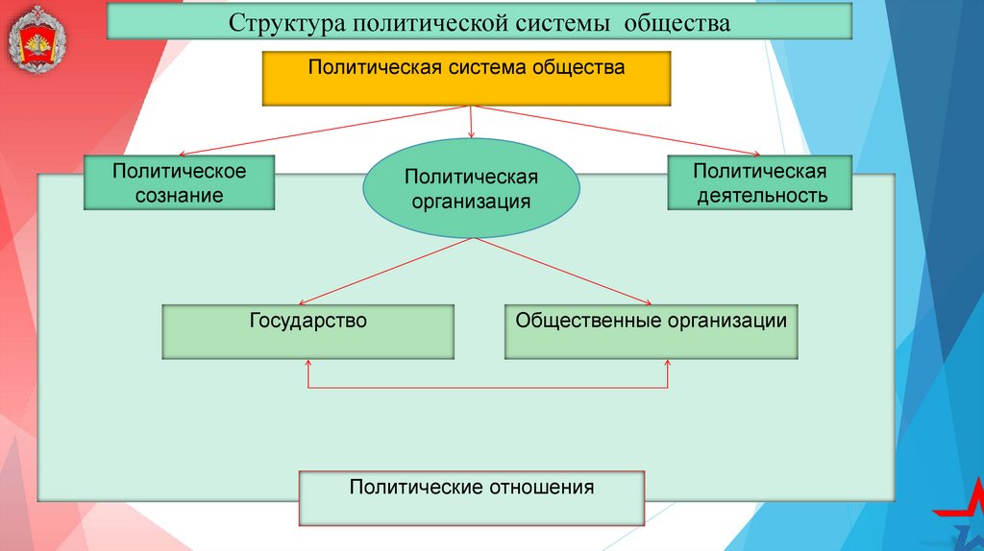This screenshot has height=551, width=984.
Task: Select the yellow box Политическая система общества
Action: pos(466,79)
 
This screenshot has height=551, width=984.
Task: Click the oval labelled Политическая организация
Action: pos(471,189)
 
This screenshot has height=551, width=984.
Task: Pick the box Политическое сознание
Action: pos(180,183)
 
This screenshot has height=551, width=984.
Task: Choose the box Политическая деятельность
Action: pos(760,183)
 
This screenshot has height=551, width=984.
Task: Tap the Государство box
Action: pos(307,332)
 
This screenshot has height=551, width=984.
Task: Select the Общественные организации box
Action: pos(651,332)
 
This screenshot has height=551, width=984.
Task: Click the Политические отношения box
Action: pos(471,497)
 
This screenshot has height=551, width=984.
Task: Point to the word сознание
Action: pos(180,196)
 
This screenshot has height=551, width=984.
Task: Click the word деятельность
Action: pos(760,196)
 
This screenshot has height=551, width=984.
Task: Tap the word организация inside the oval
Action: pos(471,202)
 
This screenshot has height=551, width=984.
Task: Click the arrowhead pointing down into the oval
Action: pos(471,135)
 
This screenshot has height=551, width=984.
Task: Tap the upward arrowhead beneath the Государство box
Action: pos(308,364)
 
